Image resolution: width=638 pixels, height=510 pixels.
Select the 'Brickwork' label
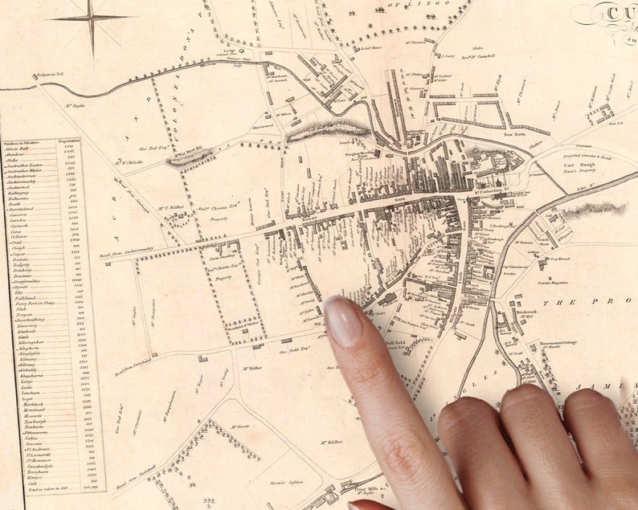click(x=526, y=312)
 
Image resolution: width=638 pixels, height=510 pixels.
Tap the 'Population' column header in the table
click(x=70, y=141)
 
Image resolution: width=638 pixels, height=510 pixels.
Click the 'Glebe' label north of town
click(x=476, y=48)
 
